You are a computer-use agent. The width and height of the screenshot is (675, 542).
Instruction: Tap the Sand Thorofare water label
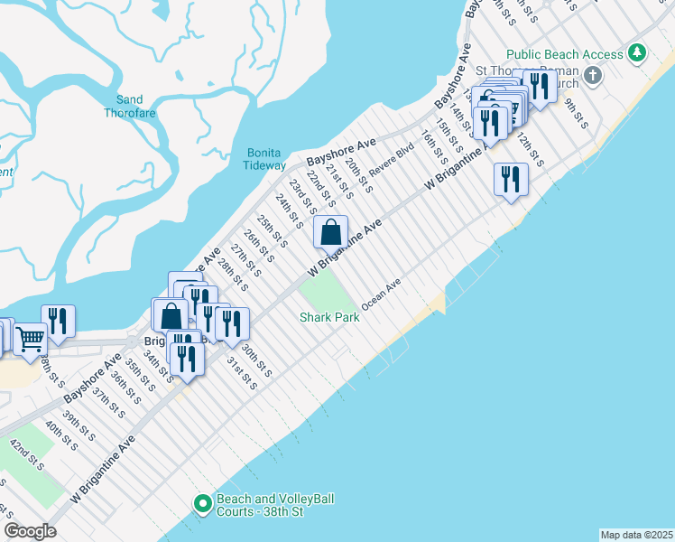pos(130,107)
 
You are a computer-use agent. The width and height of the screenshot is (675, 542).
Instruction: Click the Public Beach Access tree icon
pos(637,53)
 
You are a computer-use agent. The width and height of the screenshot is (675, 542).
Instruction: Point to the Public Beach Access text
pos(565,54)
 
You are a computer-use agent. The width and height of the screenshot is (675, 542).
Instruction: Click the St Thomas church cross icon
pos(593,74)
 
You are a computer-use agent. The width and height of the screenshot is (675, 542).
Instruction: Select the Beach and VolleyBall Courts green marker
pos(201,501)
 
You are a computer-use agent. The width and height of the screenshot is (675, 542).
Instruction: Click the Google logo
pos(30,531)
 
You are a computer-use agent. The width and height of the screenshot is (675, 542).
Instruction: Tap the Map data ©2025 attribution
pos(636,534)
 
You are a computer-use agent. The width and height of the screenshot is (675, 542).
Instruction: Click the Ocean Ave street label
pos(381,299)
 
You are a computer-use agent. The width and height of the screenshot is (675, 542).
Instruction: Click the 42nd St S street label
pos(27,454)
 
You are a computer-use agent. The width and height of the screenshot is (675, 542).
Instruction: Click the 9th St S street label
pos(577,114)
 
